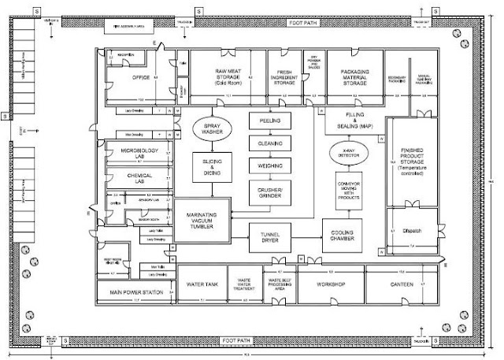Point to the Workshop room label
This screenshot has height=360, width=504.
[332, 283]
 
